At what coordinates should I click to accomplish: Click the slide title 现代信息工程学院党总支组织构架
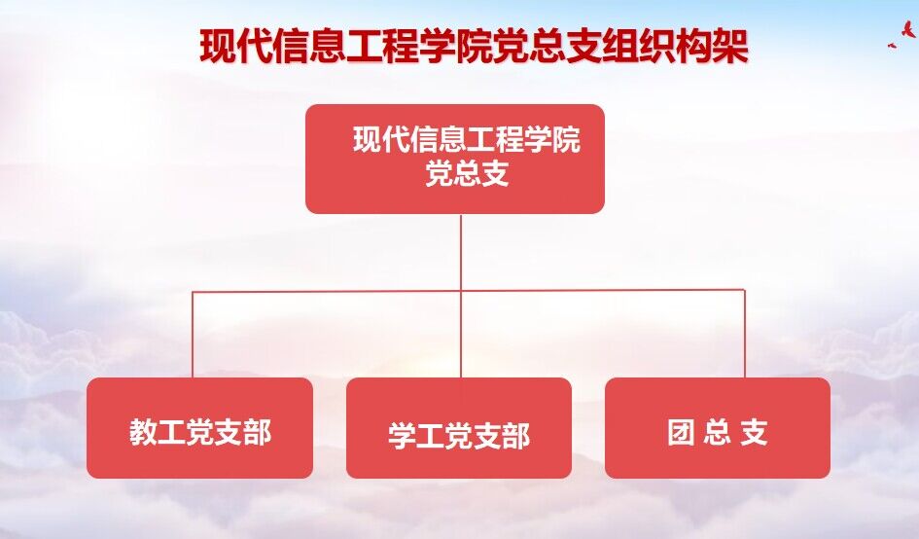(474, 46)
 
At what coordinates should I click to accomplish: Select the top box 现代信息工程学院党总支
(455, 159)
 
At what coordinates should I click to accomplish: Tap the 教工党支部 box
(200, 427)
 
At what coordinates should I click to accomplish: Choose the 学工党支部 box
(459, 427)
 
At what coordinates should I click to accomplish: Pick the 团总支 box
(718, 427)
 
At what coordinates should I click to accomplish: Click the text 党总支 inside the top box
(467, 173)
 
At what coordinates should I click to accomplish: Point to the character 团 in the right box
(681, 432)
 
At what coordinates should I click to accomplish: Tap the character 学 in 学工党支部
(402, 436)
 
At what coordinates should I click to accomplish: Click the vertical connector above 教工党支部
(193, 334)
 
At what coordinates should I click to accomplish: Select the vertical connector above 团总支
(744, 334)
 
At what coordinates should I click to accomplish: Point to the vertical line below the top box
(461, 296)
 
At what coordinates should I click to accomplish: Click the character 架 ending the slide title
(730, 46)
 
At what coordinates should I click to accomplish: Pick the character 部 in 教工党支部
(258, 432)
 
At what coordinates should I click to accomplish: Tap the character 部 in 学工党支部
(515, 436)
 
